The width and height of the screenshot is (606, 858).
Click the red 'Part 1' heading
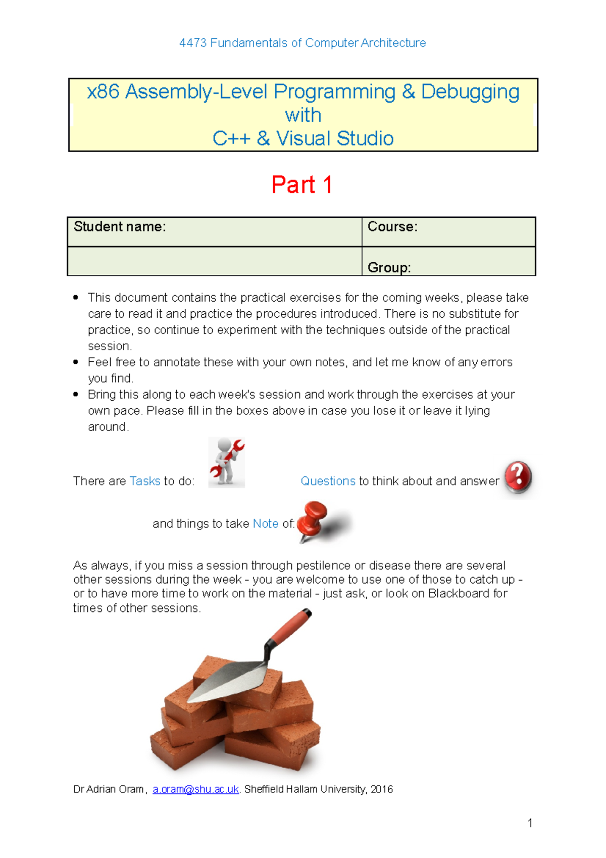(x=301, y=185)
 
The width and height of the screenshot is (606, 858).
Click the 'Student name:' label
(x=120, y=227)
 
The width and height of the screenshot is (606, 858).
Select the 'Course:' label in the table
(x=392, y=227)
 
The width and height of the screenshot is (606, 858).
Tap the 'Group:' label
(x=389, y=267)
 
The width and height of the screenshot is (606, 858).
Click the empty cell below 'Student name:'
(x=214, y=261)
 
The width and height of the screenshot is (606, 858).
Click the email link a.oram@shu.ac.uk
(x=195, y=789)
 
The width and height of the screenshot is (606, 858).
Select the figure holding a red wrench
(x=227, y=462)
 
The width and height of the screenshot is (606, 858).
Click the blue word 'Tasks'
(x=145, y=481)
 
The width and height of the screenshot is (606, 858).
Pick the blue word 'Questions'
(x=328, y=481)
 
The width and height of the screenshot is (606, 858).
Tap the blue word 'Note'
(x=266, y=524)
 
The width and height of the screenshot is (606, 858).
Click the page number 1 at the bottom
(x=530, y=823)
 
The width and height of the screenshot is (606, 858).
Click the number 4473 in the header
(x=193, y=43)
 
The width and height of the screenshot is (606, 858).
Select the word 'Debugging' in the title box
(x=470, y=92)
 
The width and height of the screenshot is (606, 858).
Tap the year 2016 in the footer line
(x=382, y=789)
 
